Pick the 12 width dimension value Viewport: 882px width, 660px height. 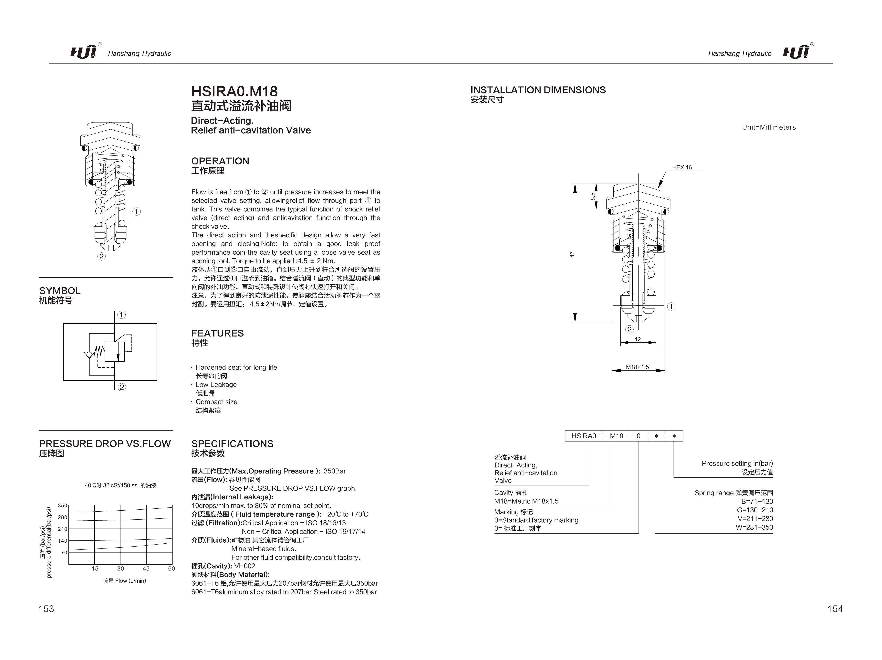coord(638,340)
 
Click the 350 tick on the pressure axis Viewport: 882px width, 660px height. coord(63,506)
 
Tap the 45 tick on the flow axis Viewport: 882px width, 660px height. coord(146,569)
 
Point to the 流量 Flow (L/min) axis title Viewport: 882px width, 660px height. coord(124,581)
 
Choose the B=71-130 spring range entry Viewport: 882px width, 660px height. coord(757,501)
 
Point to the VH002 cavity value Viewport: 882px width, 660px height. coord(245,566)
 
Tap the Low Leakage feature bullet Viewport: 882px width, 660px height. coord(216,385)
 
